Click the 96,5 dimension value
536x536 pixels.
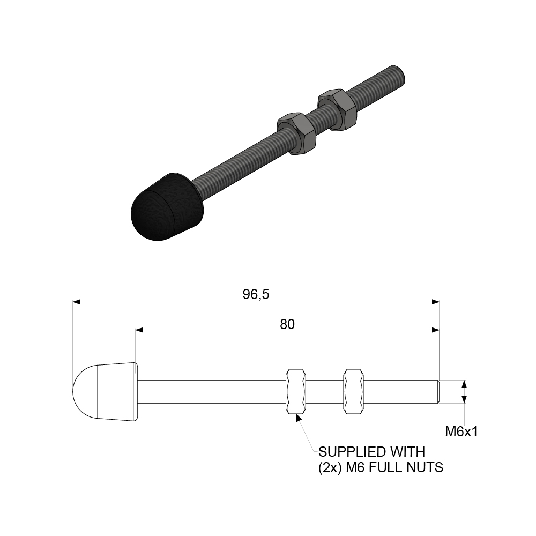tap(255, 295)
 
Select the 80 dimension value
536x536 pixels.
tap(287, 324)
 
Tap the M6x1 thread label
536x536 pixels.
tap(461, 431)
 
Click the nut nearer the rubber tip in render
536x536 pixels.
tap(296, 132)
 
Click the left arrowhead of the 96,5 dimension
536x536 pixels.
tap(77, 302)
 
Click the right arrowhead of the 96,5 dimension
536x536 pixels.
tap(435, 302)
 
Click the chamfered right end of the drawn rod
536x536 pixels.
tap(437, 391)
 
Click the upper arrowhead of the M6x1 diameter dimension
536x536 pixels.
tap(464, 384)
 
